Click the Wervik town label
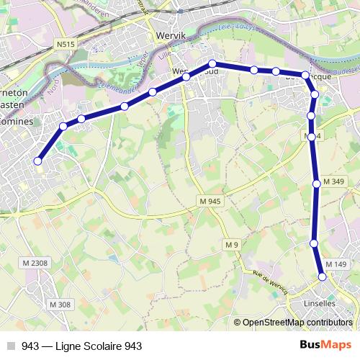171,34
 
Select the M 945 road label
208,201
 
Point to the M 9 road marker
231,246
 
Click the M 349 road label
333,181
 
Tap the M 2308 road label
35,264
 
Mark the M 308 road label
60,305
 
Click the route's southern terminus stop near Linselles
323,276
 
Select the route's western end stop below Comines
37,161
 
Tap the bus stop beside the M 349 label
317,184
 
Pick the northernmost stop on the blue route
213,63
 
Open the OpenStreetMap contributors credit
297,323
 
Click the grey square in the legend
11,346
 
